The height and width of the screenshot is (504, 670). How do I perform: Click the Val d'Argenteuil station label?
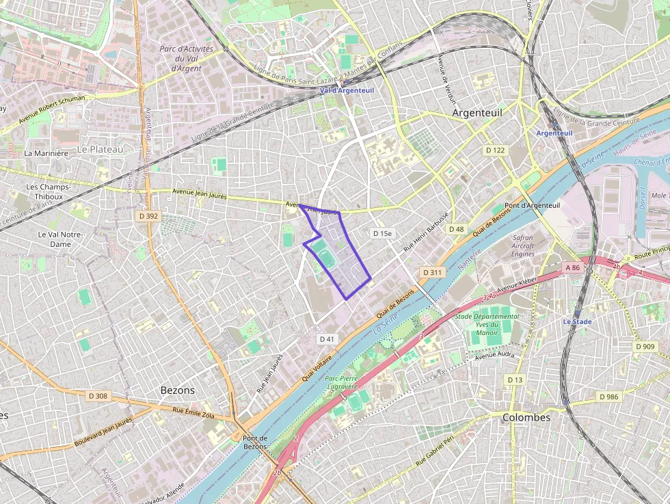[x=347, y=90]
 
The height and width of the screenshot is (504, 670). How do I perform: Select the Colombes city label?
[x=526, y=417]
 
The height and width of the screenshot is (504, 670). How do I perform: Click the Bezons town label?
[x=177, y=390]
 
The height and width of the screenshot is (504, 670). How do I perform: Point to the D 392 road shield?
[x=148, y=216]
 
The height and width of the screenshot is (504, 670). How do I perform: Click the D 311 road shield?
[x=433, y=272]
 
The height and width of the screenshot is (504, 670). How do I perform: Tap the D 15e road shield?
[x=383, y=233]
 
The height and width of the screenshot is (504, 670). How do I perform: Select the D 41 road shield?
[x=327, y=339]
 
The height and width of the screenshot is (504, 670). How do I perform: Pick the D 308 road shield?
[x=98, y=396]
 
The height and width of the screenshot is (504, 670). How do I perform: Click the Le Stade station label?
[x=578, y=321]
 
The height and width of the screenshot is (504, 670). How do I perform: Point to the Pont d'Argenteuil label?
[x=532, y=205]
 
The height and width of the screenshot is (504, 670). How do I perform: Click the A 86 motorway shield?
[x=572, y=267]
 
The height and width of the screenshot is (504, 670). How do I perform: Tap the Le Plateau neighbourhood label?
[x=100, y=149]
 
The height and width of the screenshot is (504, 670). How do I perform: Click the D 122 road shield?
[x=495, y=150]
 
